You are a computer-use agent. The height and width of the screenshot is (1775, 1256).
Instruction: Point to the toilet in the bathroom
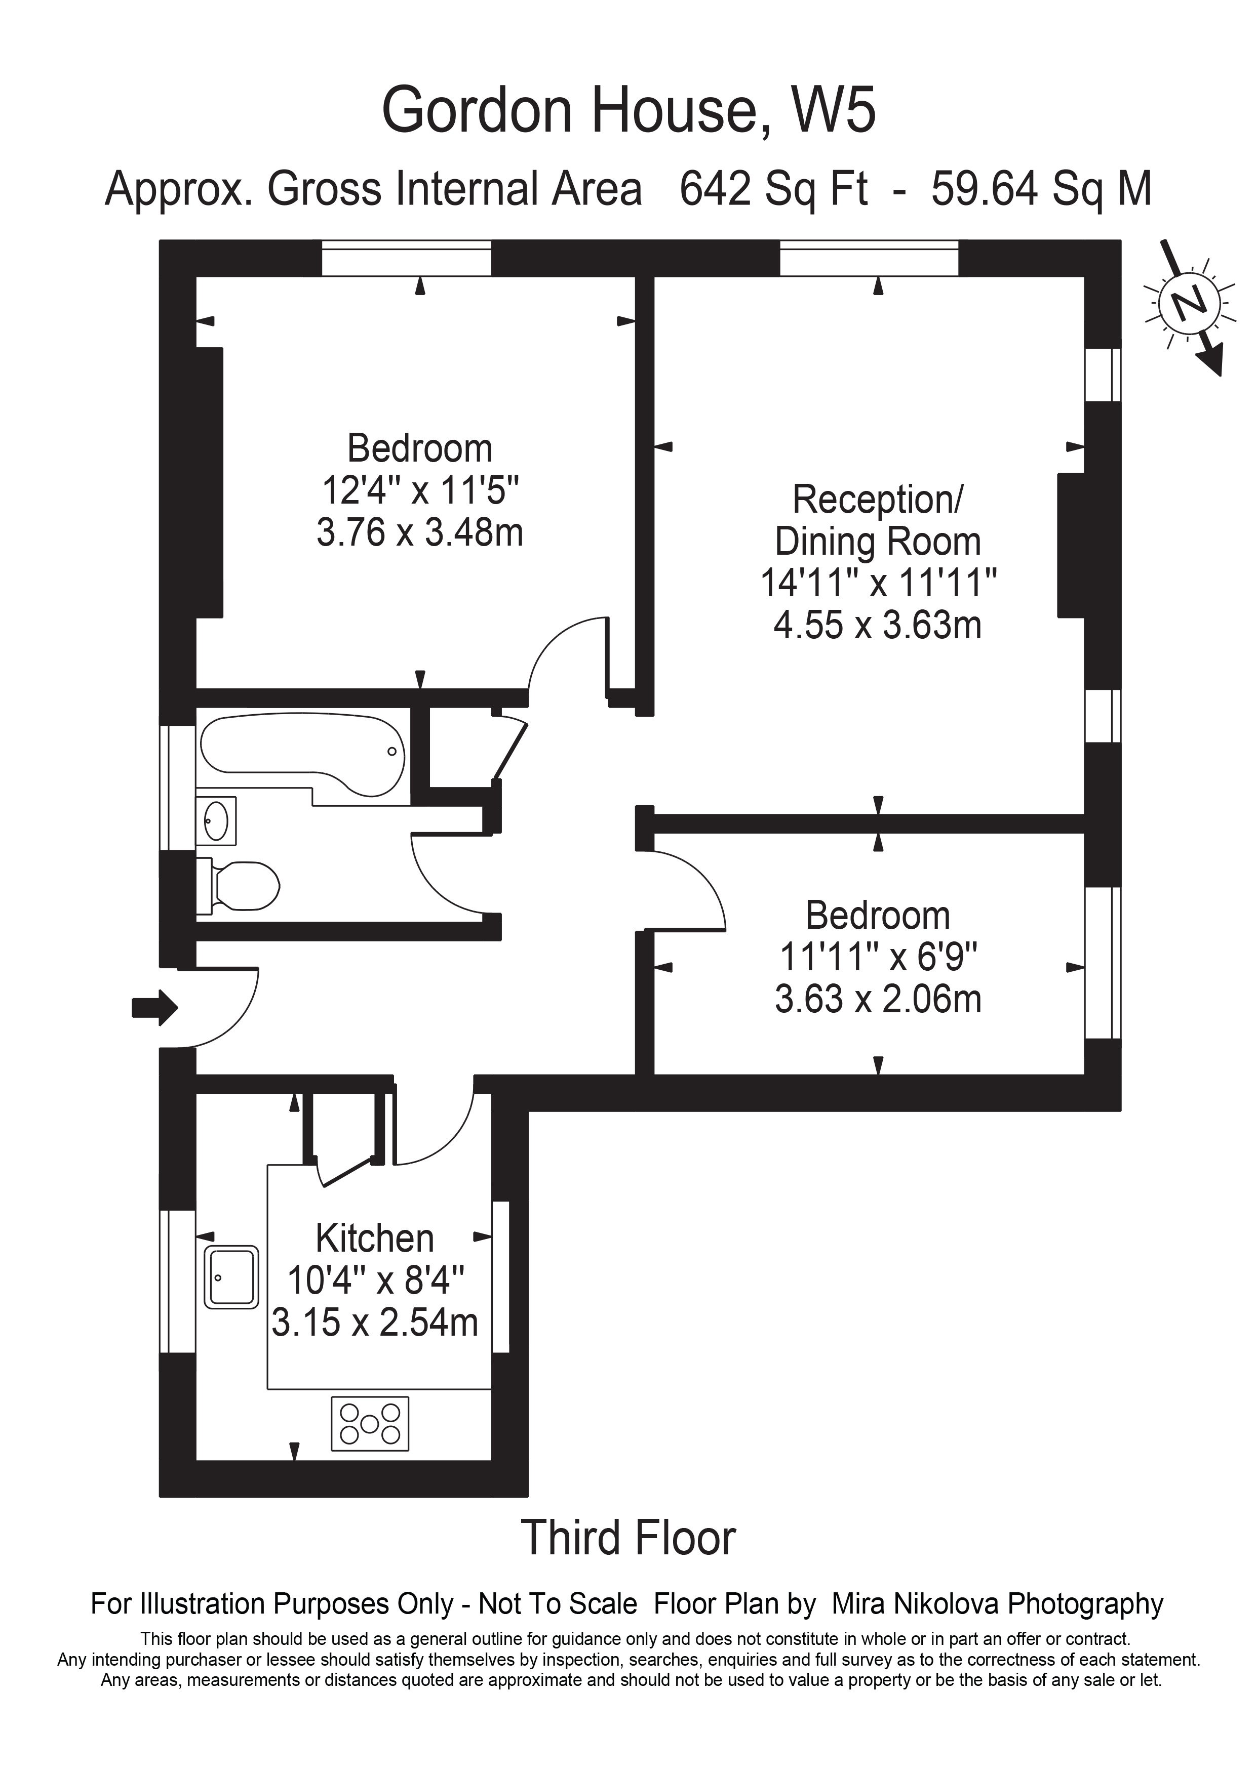click(x=240, y=885)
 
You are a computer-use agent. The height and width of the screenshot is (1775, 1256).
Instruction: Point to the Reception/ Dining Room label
click(x=878, y=520)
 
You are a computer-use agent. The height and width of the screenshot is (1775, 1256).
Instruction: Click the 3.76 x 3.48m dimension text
click(x=420, y=532)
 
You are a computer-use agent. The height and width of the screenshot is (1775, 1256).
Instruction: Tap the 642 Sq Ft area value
click(x=773, y=189)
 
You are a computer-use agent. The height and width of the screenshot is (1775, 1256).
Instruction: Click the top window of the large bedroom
click(x=406, y=258)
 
